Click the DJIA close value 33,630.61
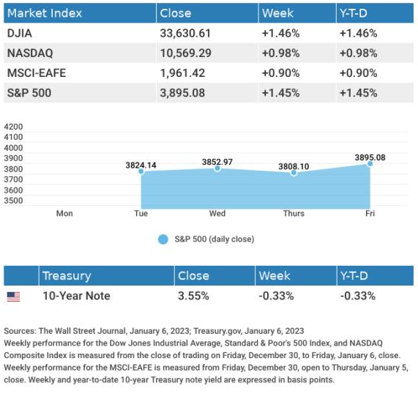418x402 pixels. [x=185, y=34]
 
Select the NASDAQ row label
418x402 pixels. [x=30, y=53]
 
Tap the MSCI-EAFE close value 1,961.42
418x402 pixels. [x=182, y=73]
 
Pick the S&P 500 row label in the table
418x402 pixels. [x=29, y=93]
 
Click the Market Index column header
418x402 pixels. [x=45, y=13]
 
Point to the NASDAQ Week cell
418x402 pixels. [x=280, y=53]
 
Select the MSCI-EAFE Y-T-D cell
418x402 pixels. [x=358, y=73]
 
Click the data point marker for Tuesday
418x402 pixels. [x=141, y=171]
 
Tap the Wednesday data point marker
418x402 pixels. [x=217, y=168]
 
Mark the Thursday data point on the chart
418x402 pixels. [x=294, y=173]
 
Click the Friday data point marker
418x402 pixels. [x=370, y=164]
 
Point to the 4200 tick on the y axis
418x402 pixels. [x=13, y=127]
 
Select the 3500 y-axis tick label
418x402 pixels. [x=13, y=201]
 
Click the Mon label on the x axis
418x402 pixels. [x=64, y=213]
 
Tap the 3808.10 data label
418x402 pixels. [x=294, y=167]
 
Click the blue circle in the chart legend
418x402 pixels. [x=163, y=239]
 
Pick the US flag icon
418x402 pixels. [x=13, y=297]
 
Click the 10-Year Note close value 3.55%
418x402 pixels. [x=193, y=296]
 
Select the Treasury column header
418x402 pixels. [x=67, y=275]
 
